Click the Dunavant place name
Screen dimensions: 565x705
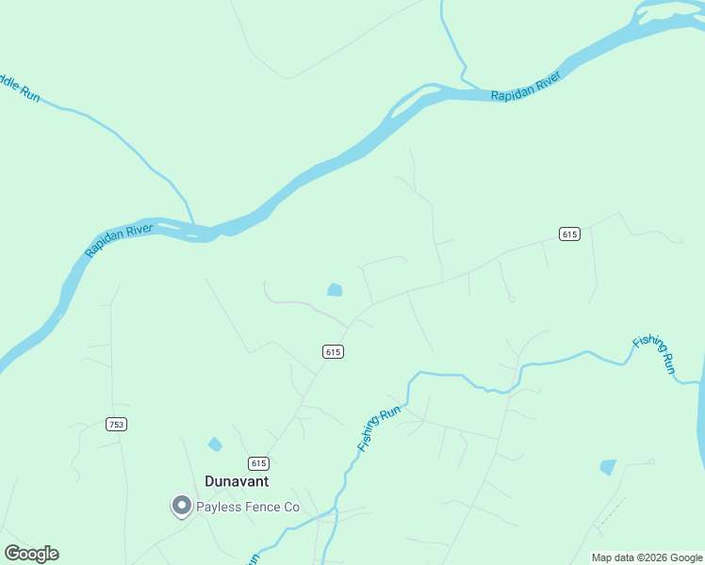coord(237,481)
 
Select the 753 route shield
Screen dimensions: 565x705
coord(116,425)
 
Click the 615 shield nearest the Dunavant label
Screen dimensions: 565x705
coord(259,463)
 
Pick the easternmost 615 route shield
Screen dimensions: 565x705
coord(568,234)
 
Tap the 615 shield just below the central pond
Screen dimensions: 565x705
coord(332,351)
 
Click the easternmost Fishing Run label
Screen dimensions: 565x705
coord(655,353)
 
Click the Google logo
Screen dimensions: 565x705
coord(31,554)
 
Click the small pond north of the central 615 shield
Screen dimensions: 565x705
coord(335,290)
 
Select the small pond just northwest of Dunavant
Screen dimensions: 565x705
coord(215,444)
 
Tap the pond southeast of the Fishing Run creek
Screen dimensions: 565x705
coord(608,466)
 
